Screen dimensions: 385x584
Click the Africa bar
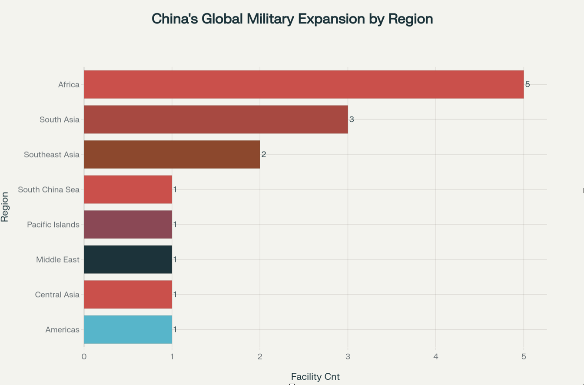304,84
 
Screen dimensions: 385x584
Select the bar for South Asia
216,119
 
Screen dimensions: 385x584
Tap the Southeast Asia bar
172,154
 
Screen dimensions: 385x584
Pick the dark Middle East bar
128,259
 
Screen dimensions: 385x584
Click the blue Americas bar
128,329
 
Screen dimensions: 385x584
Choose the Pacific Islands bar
128,224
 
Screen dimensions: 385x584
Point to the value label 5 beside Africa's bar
528,84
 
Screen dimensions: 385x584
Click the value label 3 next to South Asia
352,119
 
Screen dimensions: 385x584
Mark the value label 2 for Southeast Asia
264,154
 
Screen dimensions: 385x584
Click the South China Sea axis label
49,189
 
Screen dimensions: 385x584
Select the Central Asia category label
57,295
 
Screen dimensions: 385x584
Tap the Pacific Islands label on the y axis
53,225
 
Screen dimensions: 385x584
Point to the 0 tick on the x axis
84,357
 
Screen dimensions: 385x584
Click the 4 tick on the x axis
436,357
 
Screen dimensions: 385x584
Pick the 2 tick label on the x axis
260,357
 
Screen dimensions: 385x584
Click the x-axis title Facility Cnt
315,377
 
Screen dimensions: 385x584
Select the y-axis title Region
5,207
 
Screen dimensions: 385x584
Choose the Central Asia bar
128,295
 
